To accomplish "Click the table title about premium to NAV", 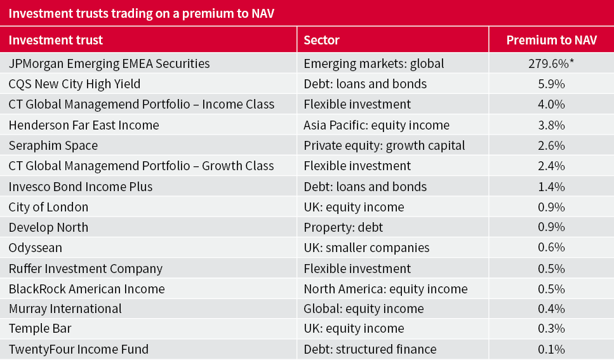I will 141,13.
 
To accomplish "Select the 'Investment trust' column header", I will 56,40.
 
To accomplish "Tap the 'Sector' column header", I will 321,40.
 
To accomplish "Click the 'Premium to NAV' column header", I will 551,40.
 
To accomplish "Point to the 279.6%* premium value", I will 551,63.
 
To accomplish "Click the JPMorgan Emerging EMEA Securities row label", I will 109,63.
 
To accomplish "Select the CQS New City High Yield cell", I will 74,84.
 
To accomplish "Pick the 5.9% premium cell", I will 551,84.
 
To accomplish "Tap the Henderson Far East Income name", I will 84,125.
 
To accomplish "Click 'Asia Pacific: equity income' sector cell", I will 377,125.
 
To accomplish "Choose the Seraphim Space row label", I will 53,145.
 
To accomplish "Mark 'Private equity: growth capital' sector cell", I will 384,145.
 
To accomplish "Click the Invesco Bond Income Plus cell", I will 81,187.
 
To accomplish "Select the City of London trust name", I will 49,207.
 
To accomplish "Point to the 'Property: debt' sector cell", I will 344,227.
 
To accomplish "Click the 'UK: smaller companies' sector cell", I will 366,248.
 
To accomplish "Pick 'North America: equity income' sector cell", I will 385,289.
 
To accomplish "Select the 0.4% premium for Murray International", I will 551,309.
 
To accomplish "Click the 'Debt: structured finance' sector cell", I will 370,349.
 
